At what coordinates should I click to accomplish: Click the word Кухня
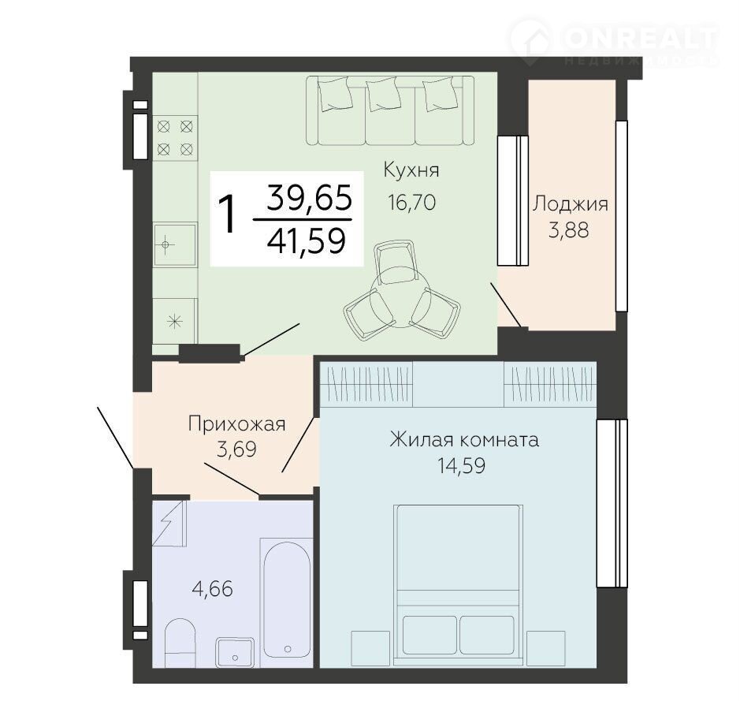point(411,170)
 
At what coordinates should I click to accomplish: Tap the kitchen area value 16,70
point(411,203)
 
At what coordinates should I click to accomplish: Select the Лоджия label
point(570,205)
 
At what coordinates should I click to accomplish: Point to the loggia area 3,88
point(569,230)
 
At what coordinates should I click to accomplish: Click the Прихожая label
point(236,425)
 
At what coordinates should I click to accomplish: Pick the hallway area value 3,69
point(236,449)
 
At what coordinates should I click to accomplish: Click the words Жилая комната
point(464,440)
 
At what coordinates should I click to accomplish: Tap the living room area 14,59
point(461,466)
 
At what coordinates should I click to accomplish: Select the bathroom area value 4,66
point(213,589)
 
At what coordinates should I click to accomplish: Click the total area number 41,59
point(307,241)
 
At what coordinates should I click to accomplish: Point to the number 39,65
point(309,197)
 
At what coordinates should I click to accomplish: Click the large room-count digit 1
point(228,215)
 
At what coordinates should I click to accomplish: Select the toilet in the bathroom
point(180,643)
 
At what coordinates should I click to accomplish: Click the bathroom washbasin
point(235,652)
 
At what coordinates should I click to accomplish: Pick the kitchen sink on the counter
point(175,245)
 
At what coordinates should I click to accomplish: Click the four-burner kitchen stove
point(175,138)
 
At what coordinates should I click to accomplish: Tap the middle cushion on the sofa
point(384,95)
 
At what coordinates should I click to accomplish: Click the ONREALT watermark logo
point(614,42)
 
